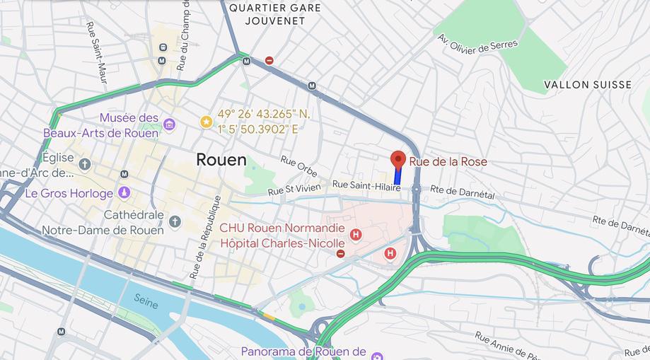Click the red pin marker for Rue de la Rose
click(397, 159)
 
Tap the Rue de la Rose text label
click(448, 162)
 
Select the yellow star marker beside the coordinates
click(206, 122)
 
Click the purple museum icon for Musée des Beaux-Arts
click(169, 124)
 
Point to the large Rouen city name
click(221, 160)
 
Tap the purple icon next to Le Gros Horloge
click(124, 192)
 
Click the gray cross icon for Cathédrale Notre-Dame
click(175, 222)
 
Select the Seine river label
click(146, 303)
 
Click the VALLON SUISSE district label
click(588, 85)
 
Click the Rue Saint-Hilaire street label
click(366, 185)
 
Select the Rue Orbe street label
click(298, 166)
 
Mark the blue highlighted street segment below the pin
click(397, 177)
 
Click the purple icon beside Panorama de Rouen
click(377, 354)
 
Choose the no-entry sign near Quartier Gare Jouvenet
click(269, 61)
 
